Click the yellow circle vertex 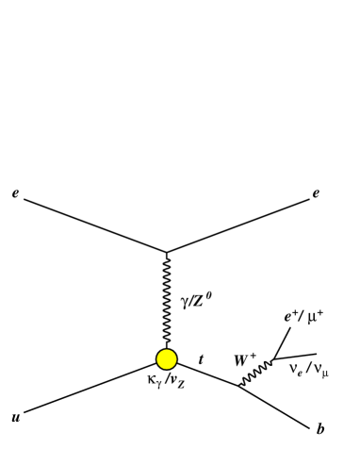click(167, 358)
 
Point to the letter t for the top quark click(200, 358)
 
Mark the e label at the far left click(13, 191)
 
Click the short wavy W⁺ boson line click(254, 374)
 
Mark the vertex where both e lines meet click(167, 252)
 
